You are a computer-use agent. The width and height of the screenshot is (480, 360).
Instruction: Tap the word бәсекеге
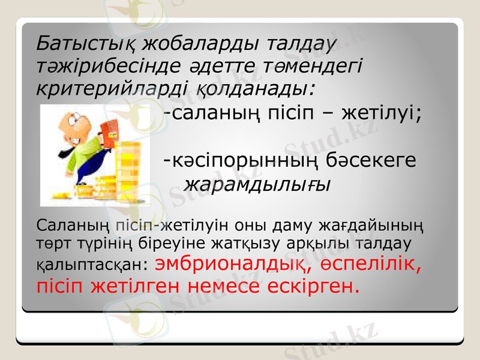point(372,161)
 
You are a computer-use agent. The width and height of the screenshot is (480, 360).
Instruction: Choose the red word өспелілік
point(374,263)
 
